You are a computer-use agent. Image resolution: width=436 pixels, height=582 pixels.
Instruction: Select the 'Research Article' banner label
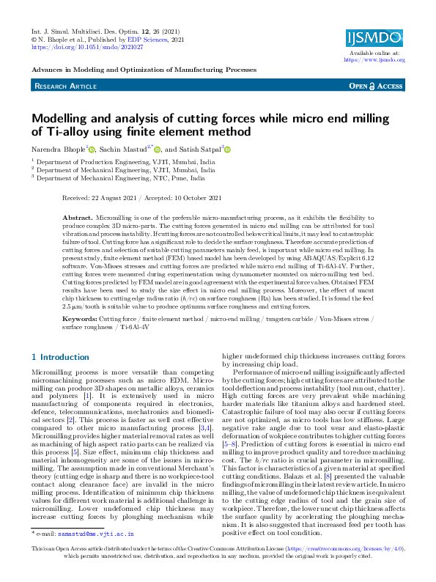[65, 86]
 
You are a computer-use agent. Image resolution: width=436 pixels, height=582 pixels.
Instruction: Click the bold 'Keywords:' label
[80, 320]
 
